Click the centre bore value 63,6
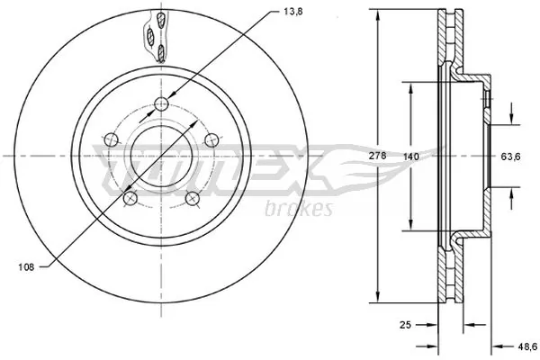point(511,157)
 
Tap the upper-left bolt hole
point(110,139)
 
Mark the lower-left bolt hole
point(130,198)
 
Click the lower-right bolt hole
point(191,198)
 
